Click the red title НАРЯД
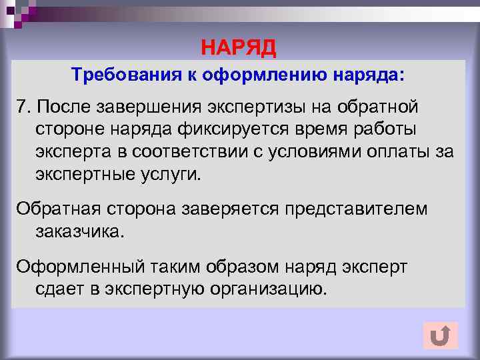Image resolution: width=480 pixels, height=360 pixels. (239, 47)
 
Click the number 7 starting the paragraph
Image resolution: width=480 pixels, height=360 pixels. (22, 107)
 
